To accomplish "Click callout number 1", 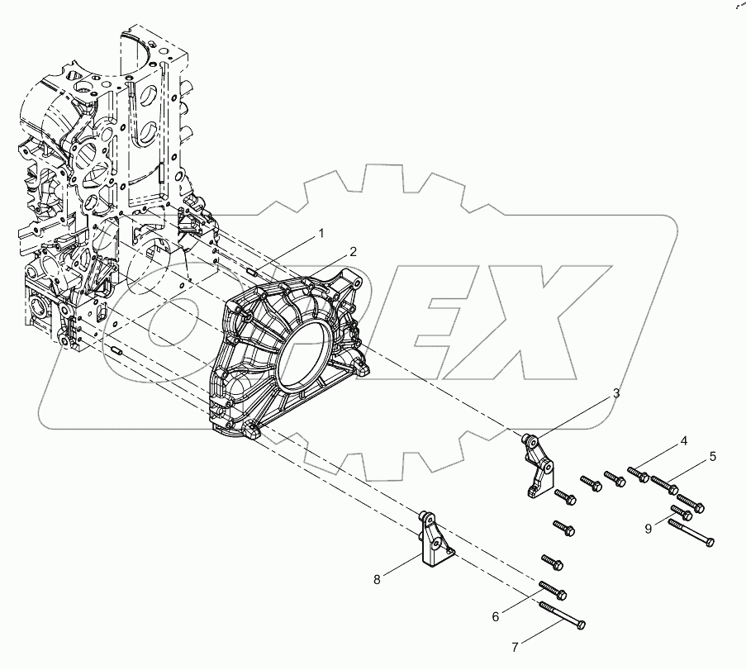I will pyautogui.click(x=323, y=235).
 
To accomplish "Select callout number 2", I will pyautogui.click(x=352, y=251).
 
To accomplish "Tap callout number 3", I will pyautogui.click(x=615, y=395).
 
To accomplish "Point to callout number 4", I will pyautogui.click(x=684, y=441).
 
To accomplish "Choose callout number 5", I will pyautogui.click(x=712, y=456).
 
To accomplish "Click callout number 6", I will pyautogui.click(x=495, y=616).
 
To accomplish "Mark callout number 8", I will pyautogui.click(x=377, y=579).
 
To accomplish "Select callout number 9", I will pyautogui.click(x=649, y=528).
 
